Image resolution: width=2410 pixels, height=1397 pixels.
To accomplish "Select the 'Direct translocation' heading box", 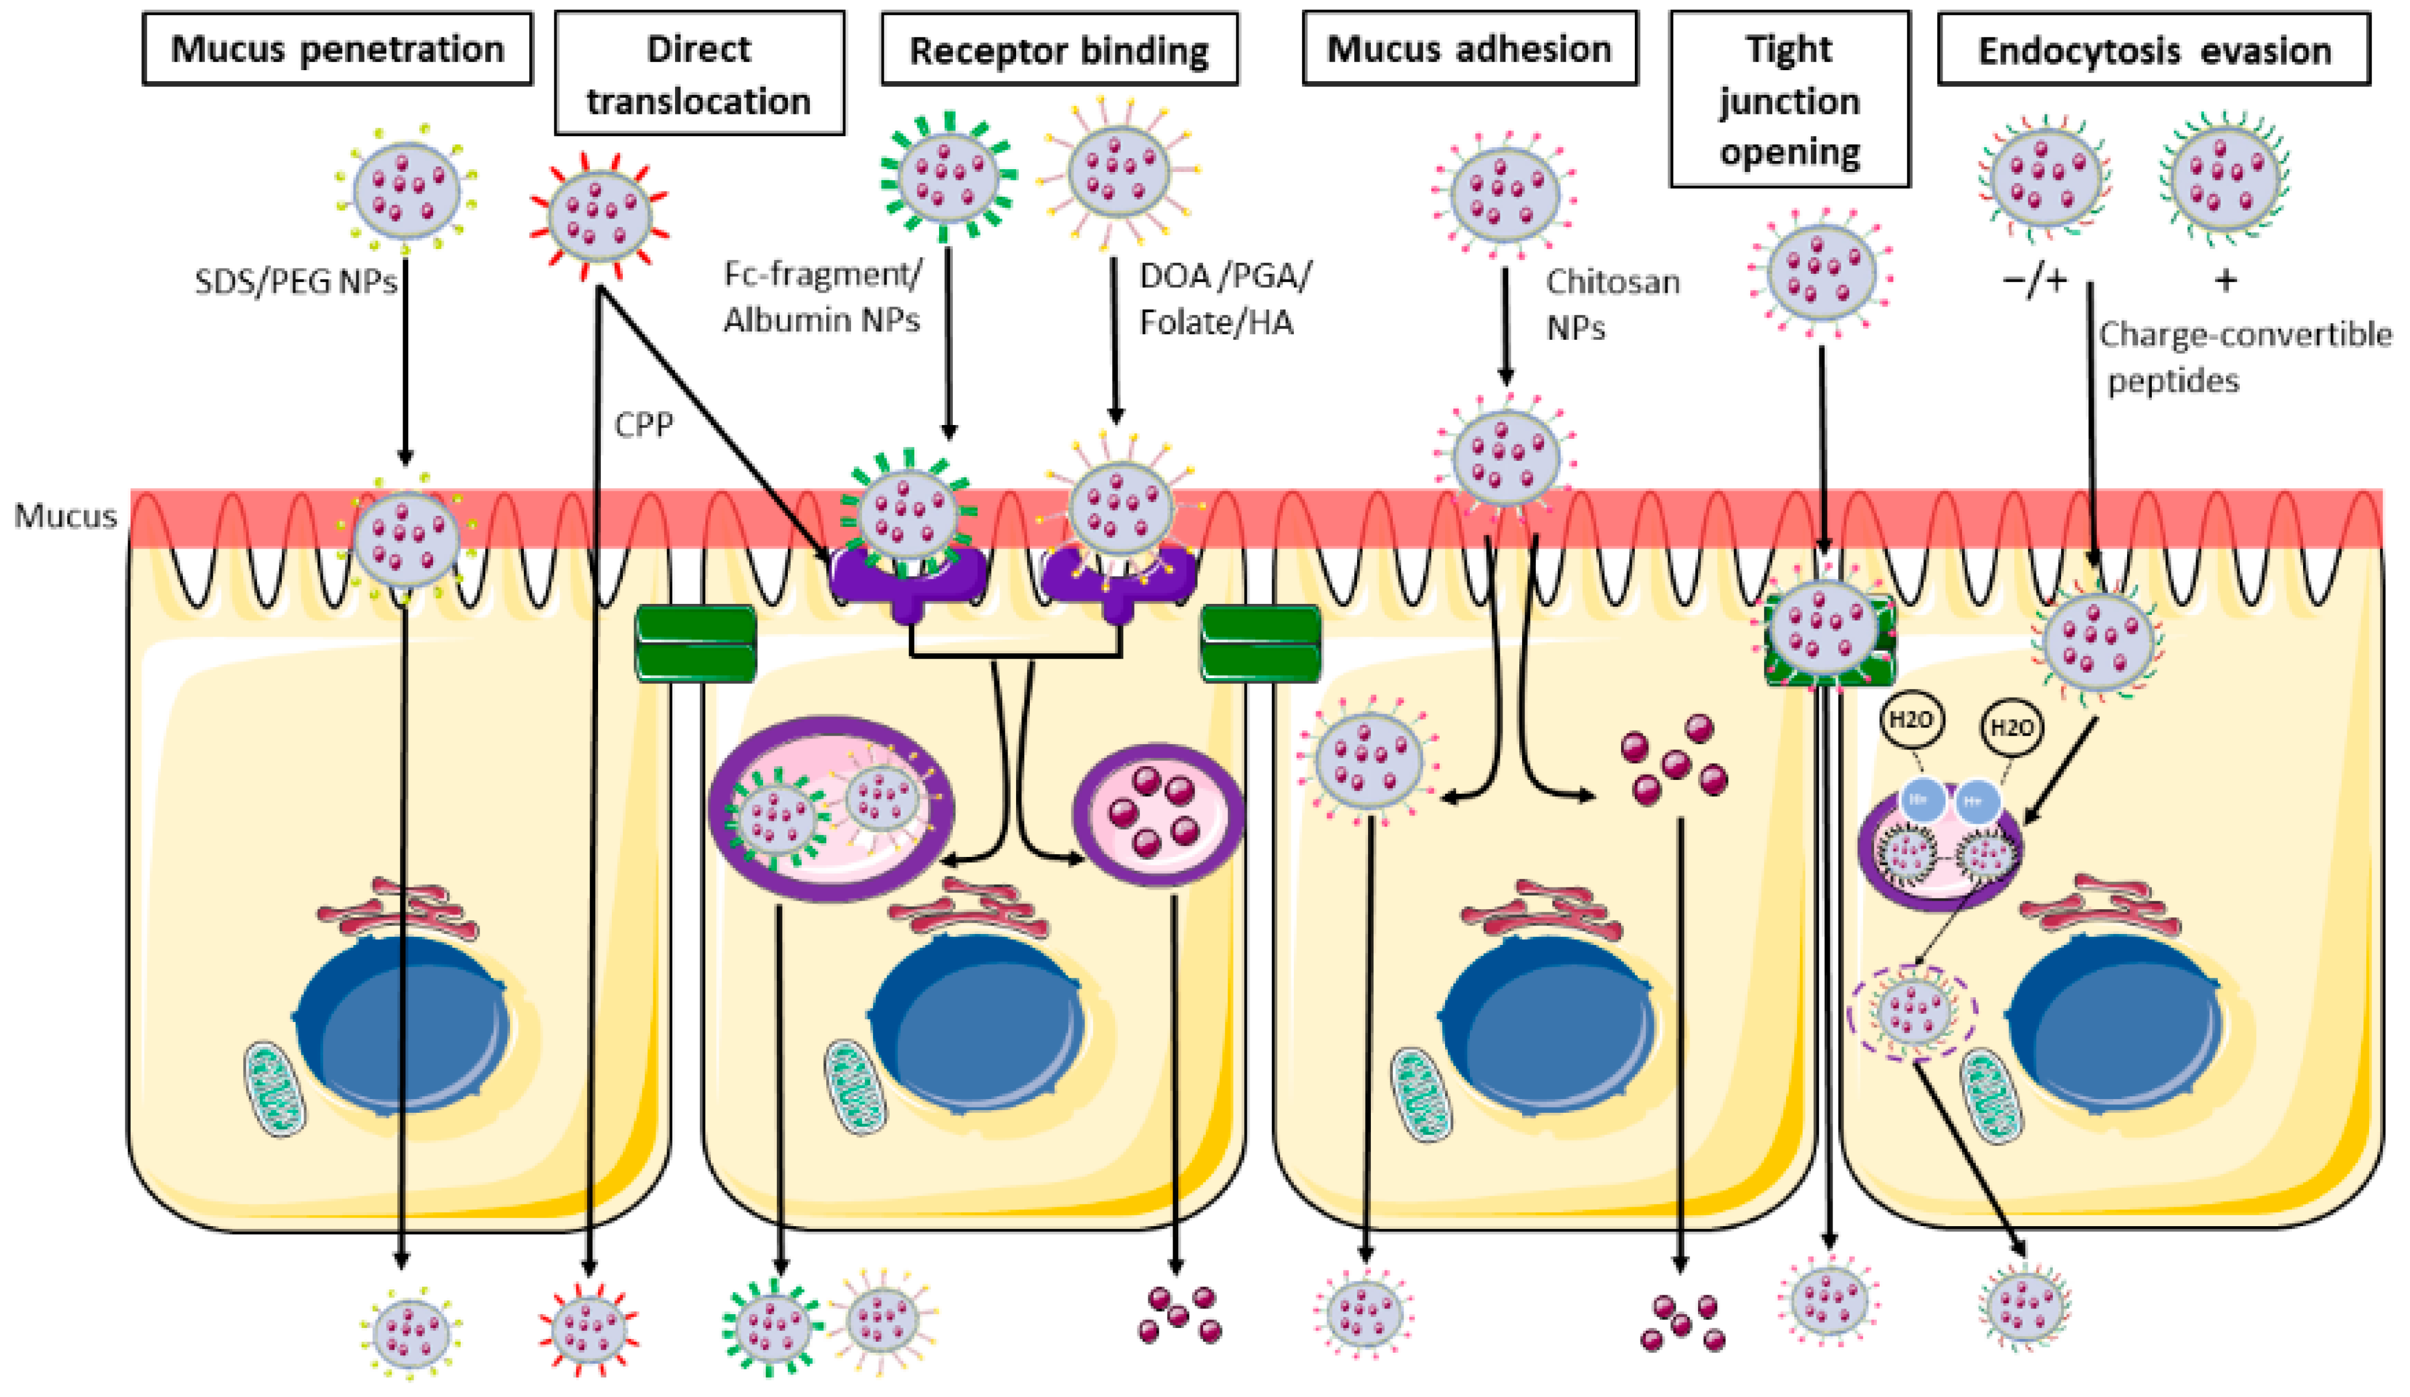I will pos(699,74).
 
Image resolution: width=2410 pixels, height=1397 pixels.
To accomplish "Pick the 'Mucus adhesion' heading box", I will pos(1469,49).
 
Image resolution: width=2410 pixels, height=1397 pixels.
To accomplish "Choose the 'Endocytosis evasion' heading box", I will pos(2154,49).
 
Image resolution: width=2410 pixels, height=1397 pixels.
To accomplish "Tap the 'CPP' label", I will pos(643,424).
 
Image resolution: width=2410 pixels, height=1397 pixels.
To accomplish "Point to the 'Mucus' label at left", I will pos(65,516).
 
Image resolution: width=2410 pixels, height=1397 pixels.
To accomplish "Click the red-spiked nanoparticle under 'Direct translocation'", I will pos(599,216).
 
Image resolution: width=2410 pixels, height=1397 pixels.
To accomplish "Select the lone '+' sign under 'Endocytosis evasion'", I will pos(2225,280).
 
